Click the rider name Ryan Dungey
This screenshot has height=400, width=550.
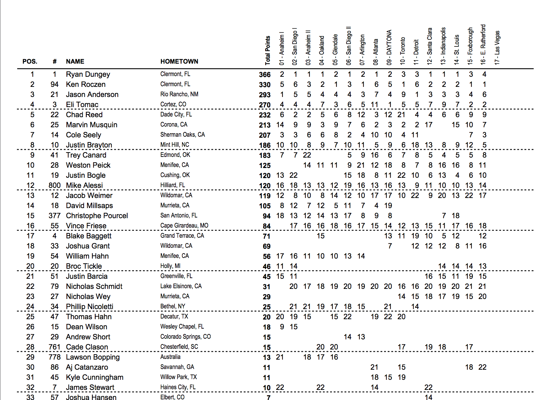click(x=88, y=74)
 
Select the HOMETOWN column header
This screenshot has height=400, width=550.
click(x=179, y=62)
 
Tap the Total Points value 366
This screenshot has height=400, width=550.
click(x=265, y=75)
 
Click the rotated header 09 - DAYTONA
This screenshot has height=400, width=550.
click(x=389, y=47)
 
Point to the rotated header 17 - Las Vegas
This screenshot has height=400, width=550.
click(x=497, y=47)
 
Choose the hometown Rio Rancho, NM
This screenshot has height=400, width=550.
click(x=179, y=94)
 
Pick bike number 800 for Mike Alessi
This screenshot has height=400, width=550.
click(x=54, y=186)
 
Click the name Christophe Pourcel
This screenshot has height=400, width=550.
click(x=97, y=216)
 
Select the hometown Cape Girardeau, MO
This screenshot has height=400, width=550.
click(x=184, y=226)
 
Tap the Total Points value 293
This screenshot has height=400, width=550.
click(x=265, y=95)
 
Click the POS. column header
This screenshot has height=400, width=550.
click(x=30, y=62)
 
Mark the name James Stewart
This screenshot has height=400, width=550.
click(x=90, y=388)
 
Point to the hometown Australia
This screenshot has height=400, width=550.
click(x=170, y=357)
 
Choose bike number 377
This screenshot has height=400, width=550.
click(x=54, y=216)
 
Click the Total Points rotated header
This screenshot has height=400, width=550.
click(x=268, y=50)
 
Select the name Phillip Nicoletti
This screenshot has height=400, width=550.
click(x=89, y=307)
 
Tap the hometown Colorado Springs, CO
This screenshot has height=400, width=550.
click(x=185, y=337)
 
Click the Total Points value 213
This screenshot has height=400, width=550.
click(x=265, y=125)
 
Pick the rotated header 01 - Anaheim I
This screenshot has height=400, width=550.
click(x=281, y=48)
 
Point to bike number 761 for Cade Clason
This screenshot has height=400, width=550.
click(x=54, y=347)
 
